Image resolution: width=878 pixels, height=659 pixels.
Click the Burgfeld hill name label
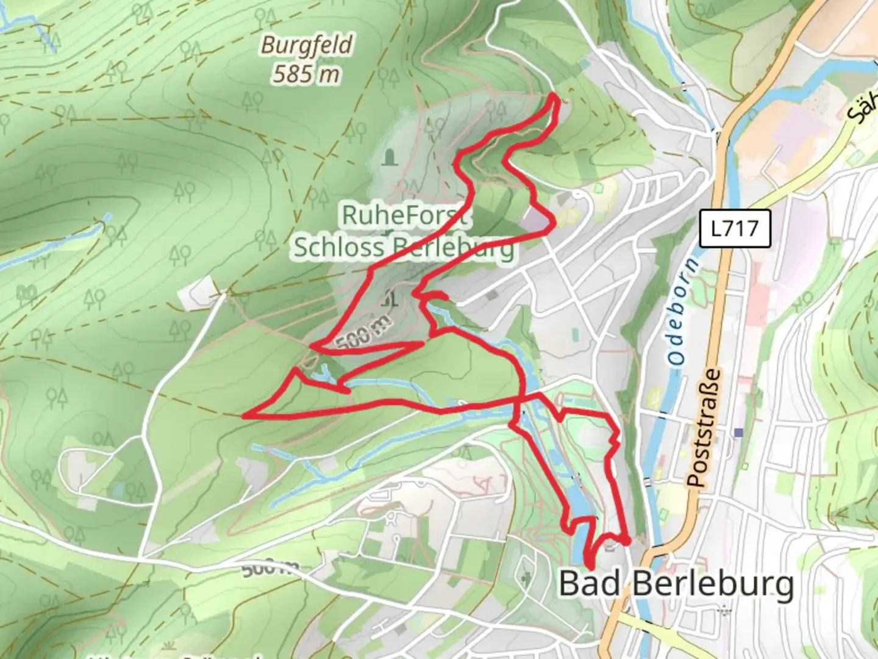tap(307, 45)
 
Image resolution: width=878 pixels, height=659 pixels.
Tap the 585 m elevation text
tap(305, 74)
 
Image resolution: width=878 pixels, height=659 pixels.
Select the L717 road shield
tap(735, 229)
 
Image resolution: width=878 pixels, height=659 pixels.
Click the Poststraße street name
tap(704, 427)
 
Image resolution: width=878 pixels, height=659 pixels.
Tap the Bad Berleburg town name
tap(676, 583)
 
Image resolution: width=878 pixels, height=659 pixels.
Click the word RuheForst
tap(405, 215)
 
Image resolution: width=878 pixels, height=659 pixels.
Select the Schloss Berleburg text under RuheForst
tap(404, 247)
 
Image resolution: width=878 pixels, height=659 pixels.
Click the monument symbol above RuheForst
tap(388, 159)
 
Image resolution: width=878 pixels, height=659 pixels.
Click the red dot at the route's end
tap(626, 541)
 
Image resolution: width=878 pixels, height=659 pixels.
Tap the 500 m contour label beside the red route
tap(363, 335)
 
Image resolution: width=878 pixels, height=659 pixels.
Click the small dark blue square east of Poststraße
tap(739, 432)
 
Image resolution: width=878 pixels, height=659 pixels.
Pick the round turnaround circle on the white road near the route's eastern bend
tap(577, 195)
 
